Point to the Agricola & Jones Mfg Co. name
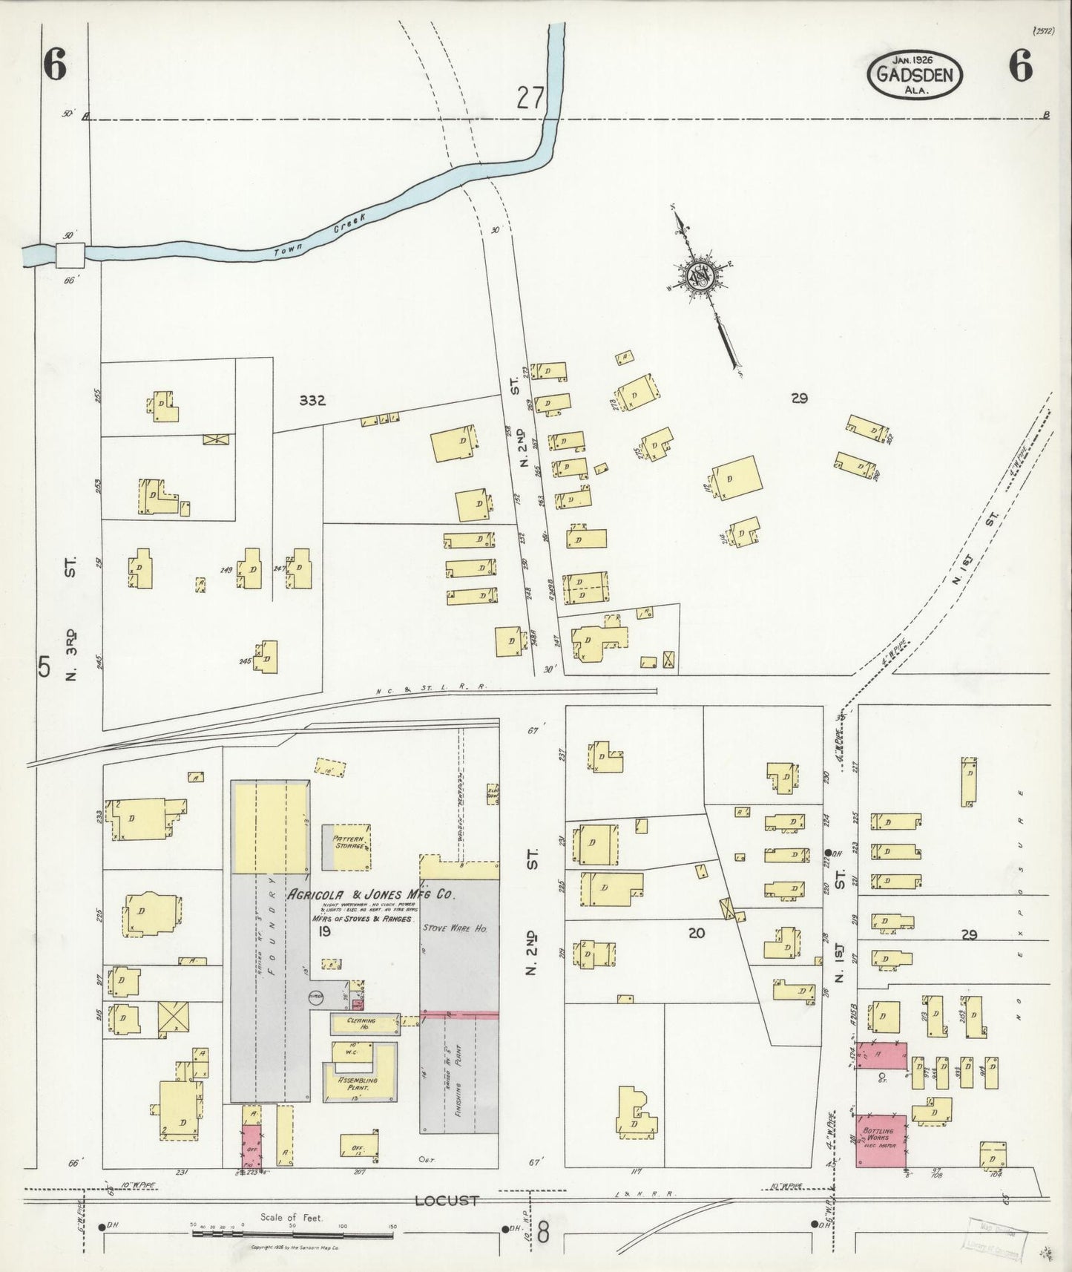coord(371,894)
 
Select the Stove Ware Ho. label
coord(454,928)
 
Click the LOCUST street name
coord(446,1200)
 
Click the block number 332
coord(312,401)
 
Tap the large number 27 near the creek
coord(531,98)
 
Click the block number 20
coord(696,933)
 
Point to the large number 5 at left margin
coord(45,667)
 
